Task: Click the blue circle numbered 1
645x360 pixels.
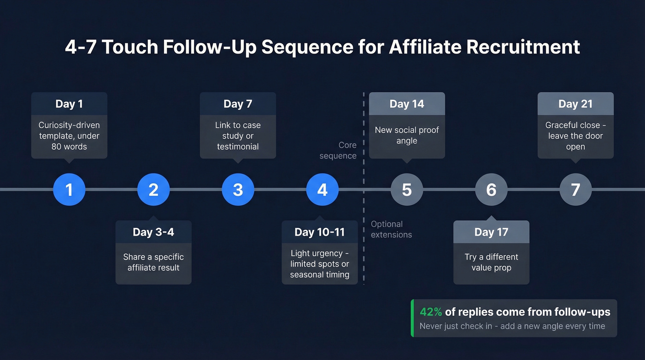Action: [x=69, y=189]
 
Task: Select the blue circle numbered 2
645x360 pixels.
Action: [x=153, y=189]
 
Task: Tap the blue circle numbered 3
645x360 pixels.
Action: [x=238, y=189]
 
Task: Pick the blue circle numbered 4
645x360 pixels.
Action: [x=322, y=189]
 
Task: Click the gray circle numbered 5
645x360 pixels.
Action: [x=407, y=189]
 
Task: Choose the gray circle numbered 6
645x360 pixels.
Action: [x=491, y=189]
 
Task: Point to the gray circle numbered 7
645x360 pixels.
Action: [x=575, y=189]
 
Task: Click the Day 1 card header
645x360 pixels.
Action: [x=69, y=104]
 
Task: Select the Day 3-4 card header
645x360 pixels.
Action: [x=153, y=232]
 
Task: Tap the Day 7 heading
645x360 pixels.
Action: [x=238, y=104]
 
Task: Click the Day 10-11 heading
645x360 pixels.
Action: [x=320, y=232]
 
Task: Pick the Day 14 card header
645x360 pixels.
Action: [x=407, y=104]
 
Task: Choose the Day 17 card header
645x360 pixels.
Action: [x=491, y=232]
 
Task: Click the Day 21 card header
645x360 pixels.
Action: [x=575, y=104]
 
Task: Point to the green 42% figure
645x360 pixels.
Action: [x=431, y=312]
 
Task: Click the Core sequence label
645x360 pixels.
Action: [x=339, y=150]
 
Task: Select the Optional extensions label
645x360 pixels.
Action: [x=391, y=229]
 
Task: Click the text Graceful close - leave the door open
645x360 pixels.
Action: [x=575, y=136]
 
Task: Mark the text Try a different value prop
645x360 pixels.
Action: [x=491, y=262]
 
